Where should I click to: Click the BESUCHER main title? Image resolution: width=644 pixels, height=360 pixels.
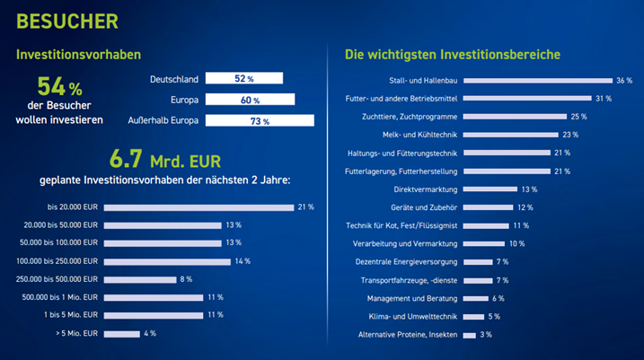pyautogui.click(x=67, y=22)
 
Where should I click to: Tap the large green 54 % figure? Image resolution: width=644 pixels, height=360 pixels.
pyautogui.click(x=59, y=86)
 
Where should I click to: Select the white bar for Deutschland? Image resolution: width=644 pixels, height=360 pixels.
pyautogui.click(x=244, y=78)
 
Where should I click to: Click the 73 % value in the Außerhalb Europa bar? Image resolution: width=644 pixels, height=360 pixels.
pyautogui.click(x=260, y=121)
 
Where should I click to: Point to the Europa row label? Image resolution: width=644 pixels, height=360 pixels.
pyautogui.click(x=184, y=100)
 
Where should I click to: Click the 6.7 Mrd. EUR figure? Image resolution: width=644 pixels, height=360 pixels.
pyautogui.click(x=165, y=159)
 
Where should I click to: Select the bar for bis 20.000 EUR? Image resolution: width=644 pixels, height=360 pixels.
pyautogui.click(x=198, y=207)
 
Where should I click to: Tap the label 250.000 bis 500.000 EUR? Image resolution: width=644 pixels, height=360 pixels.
pyautogui.click(x=57, y=279)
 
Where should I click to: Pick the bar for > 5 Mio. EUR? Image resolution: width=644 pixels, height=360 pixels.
pyautogui.click(x=122, y=334)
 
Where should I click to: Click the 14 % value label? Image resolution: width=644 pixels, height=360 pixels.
pyautogui.click(x=243, y=261)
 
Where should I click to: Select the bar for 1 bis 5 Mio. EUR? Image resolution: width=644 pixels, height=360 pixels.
pyautogui.click(x=154, y=315)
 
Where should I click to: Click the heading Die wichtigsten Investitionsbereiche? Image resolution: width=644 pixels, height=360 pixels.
pyautogui.click(x=453, y=55)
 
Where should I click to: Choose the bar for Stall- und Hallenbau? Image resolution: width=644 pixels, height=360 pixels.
pyautogui.click(x=538, y=81)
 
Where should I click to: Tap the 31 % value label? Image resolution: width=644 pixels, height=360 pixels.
pyautogui.click(x=604, y=99)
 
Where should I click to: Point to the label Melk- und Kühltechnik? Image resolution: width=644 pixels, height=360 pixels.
pyautogui.click(x=419, y=135)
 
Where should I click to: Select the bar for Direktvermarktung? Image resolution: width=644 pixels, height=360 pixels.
pyautogui.click(x=490, y=189)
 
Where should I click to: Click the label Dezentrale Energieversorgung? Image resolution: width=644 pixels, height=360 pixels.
pyautogui.click(x=406, y=262)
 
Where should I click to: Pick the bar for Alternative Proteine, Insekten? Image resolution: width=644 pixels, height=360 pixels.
pyautogui.click(x=470, y=336)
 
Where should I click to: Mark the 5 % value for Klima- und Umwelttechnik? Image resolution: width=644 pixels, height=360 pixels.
pyautogui.click(x=494, y=317)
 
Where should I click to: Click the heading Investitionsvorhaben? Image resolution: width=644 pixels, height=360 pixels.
pyautogui.click(x=78, y=55)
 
